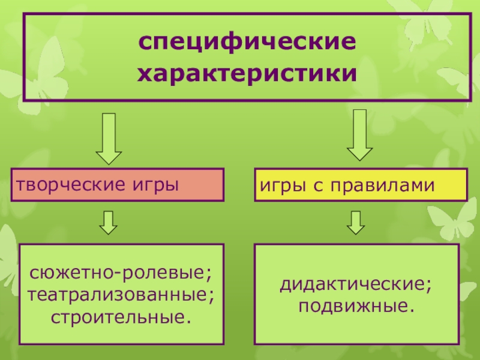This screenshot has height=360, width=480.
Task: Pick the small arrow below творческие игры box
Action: tap(109, 222)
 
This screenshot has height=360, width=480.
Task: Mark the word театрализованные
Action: tap(118, 295)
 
